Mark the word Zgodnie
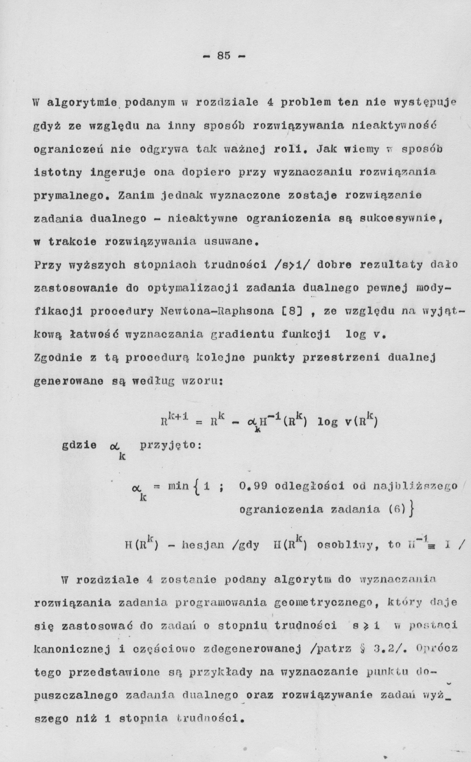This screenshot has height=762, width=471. point(58,358)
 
